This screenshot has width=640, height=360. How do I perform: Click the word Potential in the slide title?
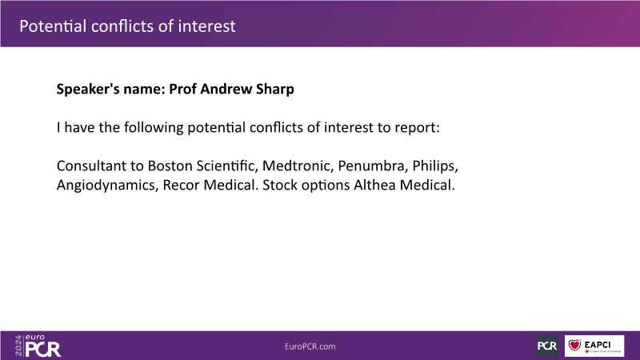(x=53, y=26)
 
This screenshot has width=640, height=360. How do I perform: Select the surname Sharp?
(x=275, y=90)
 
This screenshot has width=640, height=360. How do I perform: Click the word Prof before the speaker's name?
(x=182, y=89)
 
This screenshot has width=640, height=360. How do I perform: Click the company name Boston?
(x=170, y=166)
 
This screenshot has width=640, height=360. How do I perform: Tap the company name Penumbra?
(x=373, y=166)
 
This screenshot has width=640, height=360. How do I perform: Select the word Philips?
(x=435, y=166)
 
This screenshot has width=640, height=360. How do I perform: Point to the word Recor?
(x=181, y=185)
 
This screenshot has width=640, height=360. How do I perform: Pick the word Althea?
(x=374, y=185)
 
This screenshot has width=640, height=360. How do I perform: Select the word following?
(x=154, y=128)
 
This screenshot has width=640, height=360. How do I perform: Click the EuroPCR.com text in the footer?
(x=310, y=346)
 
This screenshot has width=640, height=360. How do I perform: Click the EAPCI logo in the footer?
(x=594, y=346)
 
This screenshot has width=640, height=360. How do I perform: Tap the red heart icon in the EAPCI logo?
(x=574, y=345)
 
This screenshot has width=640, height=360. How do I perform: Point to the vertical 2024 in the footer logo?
(x=18, y=346)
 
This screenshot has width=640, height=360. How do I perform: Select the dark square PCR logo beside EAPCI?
(x=547, y=346)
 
